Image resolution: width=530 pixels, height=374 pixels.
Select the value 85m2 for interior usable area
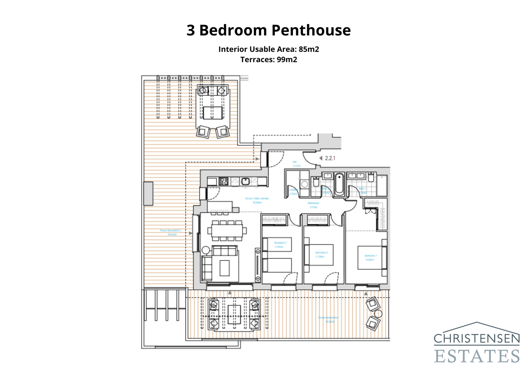[x=309, y=49]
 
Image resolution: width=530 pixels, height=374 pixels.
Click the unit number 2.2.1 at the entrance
[x=330, y=158]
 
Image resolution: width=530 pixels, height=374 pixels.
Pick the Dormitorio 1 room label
[x=370, y=258]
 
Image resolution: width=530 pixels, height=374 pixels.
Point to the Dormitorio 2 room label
[x=321, y=254]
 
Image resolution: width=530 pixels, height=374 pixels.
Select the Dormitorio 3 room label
[x=280, y=245]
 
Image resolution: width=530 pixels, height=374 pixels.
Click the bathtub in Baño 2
[x=339, y=184]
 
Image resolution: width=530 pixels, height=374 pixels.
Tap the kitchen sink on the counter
[x=245, y=181]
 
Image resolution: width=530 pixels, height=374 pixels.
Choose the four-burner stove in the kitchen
[x=224, y=181]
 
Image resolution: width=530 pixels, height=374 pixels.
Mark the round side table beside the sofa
[x=206, y=250]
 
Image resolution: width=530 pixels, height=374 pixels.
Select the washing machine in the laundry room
[x=304, y=184]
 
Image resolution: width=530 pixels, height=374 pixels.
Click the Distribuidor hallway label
[x=313, y=205]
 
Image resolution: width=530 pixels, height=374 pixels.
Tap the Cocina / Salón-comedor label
[x=257, y=200]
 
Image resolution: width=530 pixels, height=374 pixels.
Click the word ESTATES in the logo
[x=477, y=356]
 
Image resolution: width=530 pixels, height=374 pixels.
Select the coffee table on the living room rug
[x=225, y=268]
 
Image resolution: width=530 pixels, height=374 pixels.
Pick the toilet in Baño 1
[x=371, y=177]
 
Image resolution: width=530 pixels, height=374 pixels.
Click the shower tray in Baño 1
[x=382, y=186]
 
